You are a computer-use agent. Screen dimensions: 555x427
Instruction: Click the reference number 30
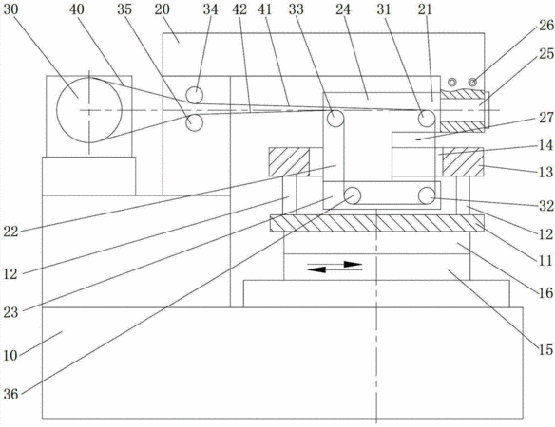[10, 9]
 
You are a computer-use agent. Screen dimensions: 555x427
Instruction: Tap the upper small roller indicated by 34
[194, 95]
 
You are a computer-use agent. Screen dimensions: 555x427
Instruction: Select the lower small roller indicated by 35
[194, 122]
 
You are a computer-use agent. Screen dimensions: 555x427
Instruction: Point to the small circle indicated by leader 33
[335, 118]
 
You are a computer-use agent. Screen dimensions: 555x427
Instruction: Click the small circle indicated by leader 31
[427, 118]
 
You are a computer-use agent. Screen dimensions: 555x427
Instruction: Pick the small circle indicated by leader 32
[427, 195]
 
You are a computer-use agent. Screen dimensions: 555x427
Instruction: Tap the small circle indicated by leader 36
[353, 195]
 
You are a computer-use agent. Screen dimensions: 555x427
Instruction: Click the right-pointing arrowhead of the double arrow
[353, 264]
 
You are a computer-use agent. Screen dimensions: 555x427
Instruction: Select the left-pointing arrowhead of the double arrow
[316, 269]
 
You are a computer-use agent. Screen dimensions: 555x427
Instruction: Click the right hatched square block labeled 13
[463, 162]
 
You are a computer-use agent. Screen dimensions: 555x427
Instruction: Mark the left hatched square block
[289, 162]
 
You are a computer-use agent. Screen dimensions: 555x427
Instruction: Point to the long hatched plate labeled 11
[377, 223]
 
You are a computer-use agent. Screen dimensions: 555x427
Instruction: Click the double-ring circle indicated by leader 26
[472, 83]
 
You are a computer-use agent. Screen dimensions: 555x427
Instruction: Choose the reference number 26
[545, 26]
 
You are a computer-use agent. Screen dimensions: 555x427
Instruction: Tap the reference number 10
[10, 355]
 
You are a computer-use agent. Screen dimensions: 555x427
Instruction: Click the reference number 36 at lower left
[10, 394]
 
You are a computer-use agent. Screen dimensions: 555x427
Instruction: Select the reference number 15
[545, 350]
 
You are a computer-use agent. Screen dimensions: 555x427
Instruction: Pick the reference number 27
[545, 118]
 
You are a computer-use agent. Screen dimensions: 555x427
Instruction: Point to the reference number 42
[239, 9]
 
